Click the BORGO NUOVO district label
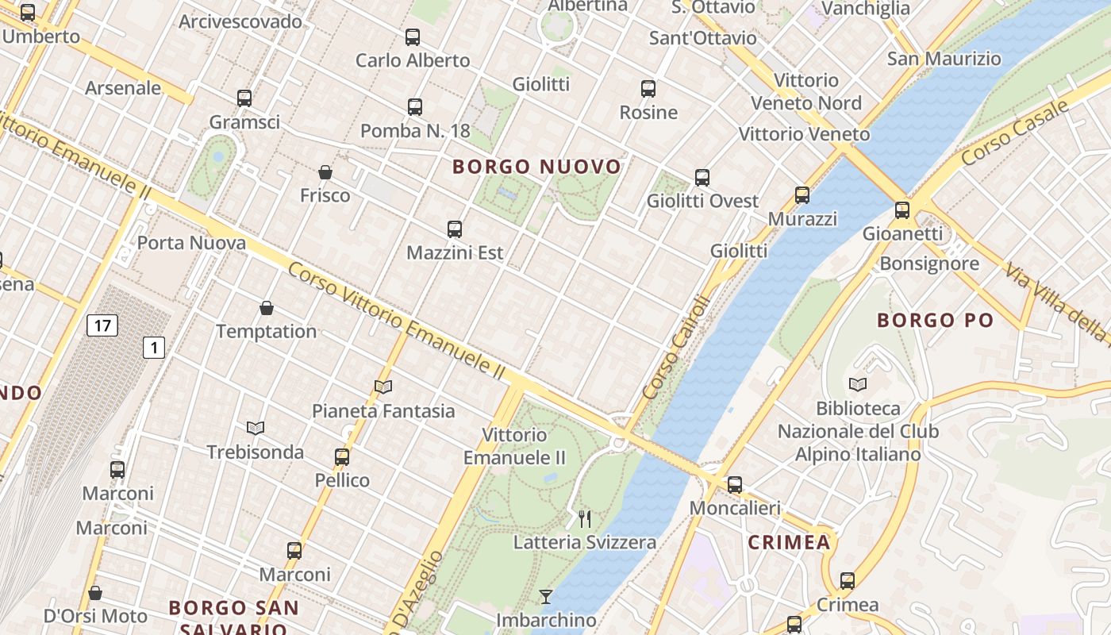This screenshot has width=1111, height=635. [536, 167]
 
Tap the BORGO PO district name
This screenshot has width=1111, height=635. [935, 321]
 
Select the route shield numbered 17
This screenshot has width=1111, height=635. [102, 325]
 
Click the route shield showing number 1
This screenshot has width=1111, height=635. [154, 347]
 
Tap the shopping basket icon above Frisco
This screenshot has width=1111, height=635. [325, 172]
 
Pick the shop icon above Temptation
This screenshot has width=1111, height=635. [267, 308]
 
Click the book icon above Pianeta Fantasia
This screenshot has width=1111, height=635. [383, 387]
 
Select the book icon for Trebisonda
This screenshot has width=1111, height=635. [255, 428]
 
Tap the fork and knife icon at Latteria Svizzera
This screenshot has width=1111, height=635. [585, 519]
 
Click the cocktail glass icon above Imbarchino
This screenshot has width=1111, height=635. [546, 596]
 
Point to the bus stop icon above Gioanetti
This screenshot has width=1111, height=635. [902, 210]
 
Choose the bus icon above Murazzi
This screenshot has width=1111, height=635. [802, 195]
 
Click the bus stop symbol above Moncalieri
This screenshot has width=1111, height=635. [735, 484]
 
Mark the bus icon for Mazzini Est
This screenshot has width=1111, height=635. [455, 229]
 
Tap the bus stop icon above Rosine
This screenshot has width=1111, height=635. [648, 89]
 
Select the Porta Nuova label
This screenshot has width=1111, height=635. [191, 242]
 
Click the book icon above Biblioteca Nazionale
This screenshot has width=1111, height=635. [858, 385]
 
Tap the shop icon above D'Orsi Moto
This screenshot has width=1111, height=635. [95, 593]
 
